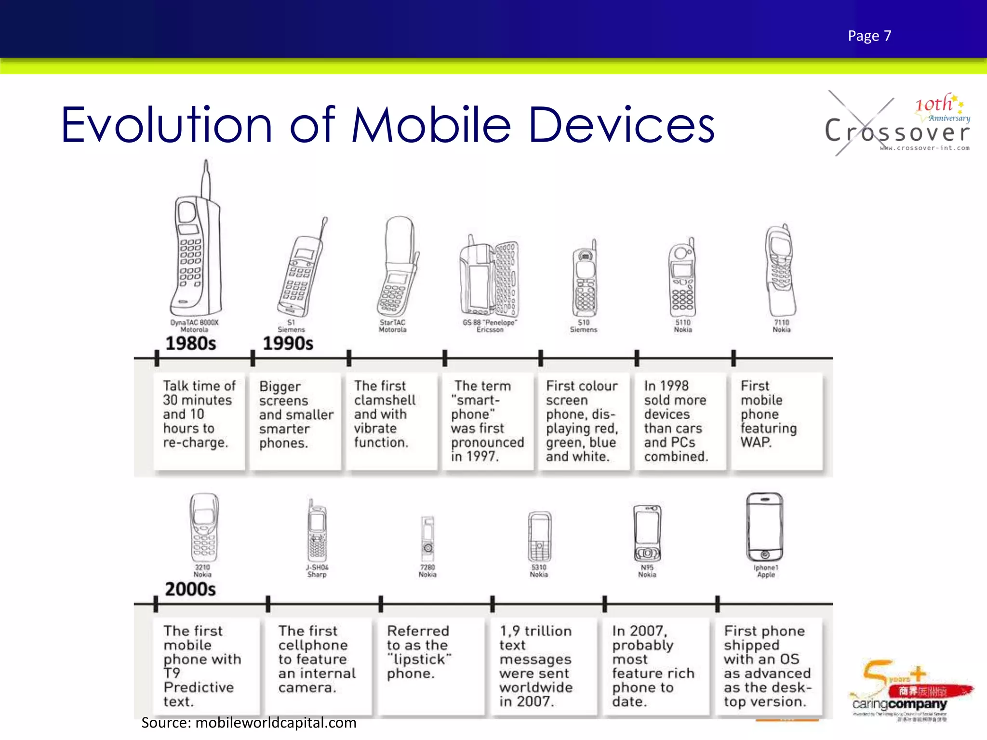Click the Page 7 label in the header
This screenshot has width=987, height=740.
(x=869, y=36)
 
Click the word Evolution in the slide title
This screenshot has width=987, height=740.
(x=166, y=125)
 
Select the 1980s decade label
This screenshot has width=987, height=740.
(x=191, y=344)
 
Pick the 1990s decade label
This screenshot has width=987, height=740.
(x=288, y=344)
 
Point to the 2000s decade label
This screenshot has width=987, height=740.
(x=190, y=589)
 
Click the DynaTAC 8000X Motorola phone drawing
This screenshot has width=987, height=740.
(x=197, y=251)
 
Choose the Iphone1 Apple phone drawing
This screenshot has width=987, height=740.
(x=764, y=528)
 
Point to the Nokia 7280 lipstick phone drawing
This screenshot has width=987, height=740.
(x=427, y=537)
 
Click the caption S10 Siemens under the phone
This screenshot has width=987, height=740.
(x=584, y=326)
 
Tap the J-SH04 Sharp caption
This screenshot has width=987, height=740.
(x=317, y=571)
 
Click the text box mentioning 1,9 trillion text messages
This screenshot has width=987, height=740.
(x=536, y=666)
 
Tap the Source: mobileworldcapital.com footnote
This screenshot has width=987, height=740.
(x=249, y=723)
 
